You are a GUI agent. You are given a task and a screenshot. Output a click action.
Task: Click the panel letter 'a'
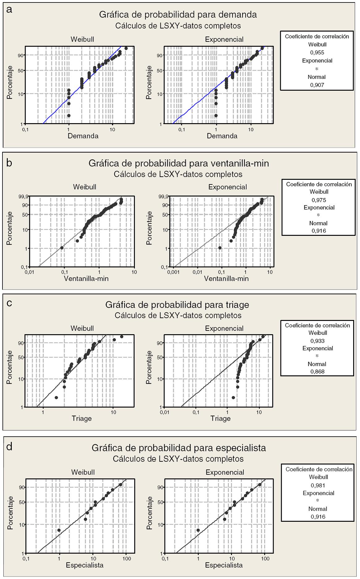10,10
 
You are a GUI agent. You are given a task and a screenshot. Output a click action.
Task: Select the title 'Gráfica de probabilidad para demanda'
178,15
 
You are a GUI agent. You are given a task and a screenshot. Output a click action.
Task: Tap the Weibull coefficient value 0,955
317,53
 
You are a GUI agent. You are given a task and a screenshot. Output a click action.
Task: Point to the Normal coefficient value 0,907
317,85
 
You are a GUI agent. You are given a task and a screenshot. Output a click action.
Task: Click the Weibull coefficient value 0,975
319,200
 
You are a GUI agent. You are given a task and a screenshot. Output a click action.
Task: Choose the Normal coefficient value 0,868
317,371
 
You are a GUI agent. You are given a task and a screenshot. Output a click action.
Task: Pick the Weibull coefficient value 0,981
318,485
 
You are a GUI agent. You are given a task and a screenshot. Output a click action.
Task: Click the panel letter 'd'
10,447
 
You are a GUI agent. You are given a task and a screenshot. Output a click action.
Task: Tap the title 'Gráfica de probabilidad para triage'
177,305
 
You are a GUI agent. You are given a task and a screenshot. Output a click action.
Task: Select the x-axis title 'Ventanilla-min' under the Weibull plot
86,279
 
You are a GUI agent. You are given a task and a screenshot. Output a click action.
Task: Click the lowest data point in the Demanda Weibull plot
69,115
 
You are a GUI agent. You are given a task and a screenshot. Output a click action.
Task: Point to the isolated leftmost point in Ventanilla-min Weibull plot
62,248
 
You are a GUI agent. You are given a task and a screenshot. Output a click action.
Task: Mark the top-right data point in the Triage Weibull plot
122,336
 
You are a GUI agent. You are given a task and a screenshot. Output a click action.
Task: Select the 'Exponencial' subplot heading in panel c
224,328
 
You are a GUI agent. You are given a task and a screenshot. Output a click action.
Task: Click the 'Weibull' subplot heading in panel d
83,472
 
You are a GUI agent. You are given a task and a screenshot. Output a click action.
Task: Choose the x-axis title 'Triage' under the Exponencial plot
221,418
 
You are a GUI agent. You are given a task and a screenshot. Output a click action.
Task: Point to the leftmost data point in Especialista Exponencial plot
198,530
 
